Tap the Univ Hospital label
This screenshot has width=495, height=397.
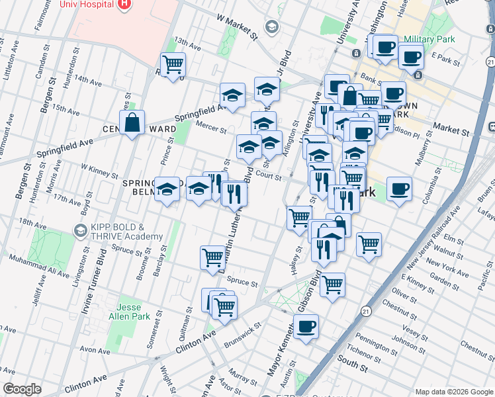point(87,5)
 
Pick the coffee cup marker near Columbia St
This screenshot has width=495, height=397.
point(399,189)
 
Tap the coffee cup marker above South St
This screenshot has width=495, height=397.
point(306,327)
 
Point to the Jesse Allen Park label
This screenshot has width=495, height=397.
point(134,312)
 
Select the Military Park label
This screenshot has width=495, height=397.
point(428,40)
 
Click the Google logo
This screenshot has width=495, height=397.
point(22,389)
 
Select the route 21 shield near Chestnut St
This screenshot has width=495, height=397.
point(366,310)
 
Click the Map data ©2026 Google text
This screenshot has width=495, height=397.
point(453,392)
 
